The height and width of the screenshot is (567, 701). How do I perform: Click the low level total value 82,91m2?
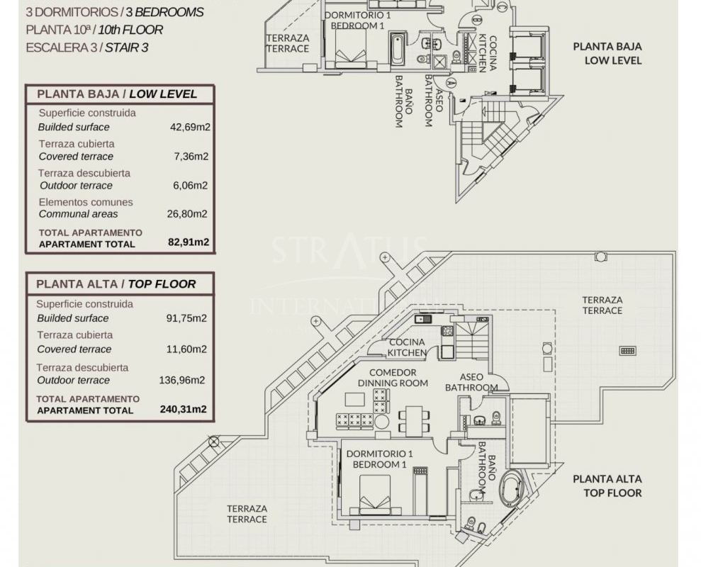click(x=189, y=242)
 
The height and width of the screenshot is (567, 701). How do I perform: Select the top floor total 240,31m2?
click(x=184, y=409)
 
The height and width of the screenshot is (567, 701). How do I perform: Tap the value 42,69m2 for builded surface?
click(x=190, y=127)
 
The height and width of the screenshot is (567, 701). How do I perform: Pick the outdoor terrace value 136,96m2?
click(x=182, y=380)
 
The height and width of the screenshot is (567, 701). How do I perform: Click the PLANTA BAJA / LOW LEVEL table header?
click(x=117, y=94)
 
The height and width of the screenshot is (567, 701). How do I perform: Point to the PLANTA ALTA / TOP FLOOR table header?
click(x=116, y=284)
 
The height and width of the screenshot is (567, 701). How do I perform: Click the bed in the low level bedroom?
click(x=350, y=49)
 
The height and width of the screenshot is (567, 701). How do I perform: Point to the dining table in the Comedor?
click(x=414, y=420)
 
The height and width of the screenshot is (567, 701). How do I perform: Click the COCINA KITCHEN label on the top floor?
click(x=407, y=347)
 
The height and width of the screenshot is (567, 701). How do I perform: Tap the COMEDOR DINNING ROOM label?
click(x=393, y=377)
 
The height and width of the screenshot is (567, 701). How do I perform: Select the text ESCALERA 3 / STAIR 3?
click(x=87, y=47)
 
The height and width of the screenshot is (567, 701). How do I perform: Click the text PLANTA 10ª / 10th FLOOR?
click(x=94, y=30)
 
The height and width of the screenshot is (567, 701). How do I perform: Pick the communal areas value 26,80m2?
click(x=187, y=214)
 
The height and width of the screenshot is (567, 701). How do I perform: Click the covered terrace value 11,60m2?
click(x=186, y=349)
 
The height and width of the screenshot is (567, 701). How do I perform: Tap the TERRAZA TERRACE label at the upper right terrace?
click(x=602, y=305)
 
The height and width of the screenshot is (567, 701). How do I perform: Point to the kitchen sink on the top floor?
click(x=422, y=319)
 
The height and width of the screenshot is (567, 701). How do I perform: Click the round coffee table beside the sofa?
click(x=382, y=421)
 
